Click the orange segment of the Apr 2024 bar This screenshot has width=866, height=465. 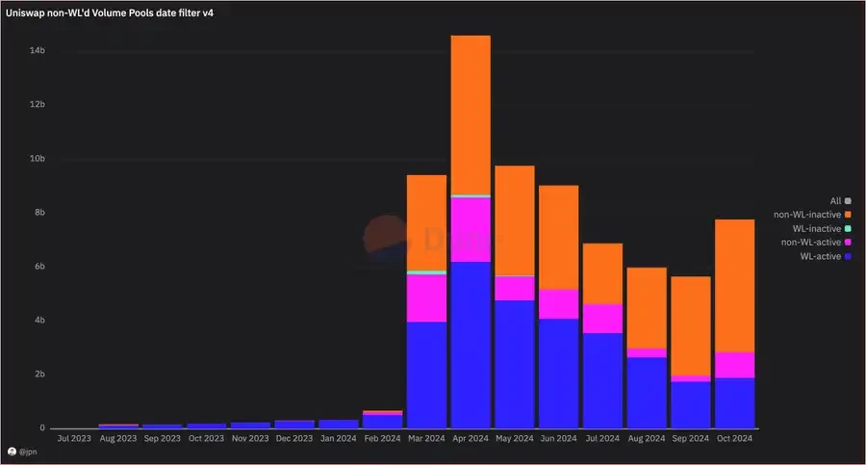click(x=471, y=115)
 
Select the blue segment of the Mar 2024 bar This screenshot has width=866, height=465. click(x=426, y=375)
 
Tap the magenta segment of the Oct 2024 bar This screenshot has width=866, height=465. click(x=734, y=365)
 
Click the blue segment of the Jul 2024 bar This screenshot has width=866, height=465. click(x=602, y=380)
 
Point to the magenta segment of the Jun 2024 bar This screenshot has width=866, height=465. click(x=558, y=303)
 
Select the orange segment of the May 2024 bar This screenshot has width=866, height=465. click(x=514, y=220)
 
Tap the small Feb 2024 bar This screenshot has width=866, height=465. click(x=383, y=420)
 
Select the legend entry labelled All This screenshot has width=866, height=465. click(x=835, y=200)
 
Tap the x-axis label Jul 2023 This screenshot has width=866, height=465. click(x=74, y=438)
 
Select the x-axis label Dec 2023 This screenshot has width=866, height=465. click(x=294, y=438)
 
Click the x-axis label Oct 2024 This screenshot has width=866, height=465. click(x=734, y=438)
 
